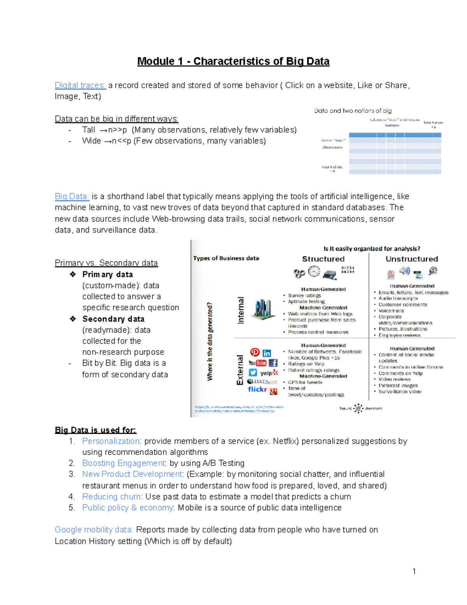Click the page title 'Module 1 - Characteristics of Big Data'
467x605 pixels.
[233, 62]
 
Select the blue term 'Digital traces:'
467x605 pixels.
[80, 85]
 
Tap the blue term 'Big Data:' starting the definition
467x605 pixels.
[72, 196]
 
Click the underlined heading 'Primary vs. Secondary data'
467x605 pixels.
[106, 263]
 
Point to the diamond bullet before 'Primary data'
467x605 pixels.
[73, 274]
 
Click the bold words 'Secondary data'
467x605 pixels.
[113, 319]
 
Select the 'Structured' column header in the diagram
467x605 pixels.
[323, 259]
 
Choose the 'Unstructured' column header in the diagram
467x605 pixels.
[411, 259]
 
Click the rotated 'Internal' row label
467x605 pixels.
[241, 310]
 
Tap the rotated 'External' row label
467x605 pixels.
[240, 370]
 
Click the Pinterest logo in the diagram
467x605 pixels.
[255, 352]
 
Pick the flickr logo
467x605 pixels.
[257, 389]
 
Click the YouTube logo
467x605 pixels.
[257, 363]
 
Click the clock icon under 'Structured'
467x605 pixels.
[314, 271]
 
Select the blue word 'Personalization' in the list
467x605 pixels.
[111, 441]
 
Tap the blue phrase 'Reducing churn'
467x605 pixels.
[111, 497]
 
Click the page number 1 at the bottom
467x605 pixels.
[414, 571]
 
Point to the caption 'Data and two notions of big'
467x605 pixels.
[353, 111]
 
